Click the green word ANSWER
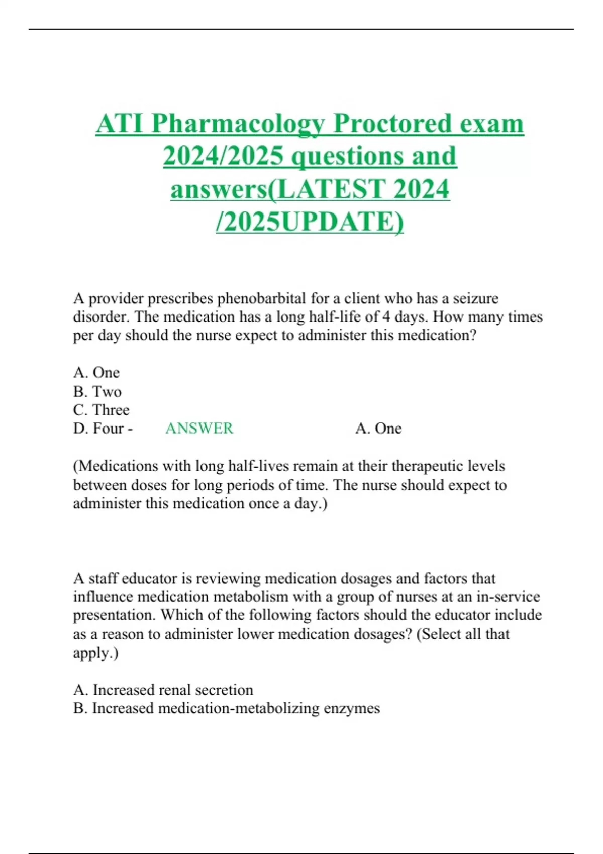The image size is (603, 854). (199, 429)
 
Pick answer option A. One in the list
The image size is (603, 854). (96, 373)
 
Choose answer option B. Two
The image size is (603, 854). (97, 391)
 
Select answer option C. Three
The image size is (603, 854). (102, 410)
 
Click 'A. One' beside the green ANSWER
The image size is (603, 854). (378, 429)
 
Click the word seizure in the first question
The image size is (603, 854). (475, 299)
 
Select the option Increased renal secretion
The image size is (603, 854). (163, 690)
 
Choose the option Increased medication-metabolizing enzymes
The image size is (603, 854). (227, 708)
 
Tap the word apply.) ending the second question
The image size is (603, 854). (95, 653)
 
